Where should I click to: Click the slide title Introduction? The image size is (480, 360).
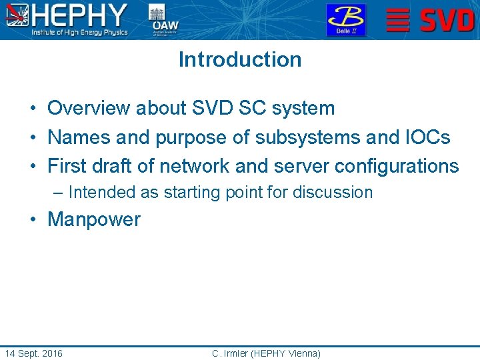point(240,59)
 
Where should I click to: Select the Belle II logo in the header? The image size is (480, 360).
point(345,19)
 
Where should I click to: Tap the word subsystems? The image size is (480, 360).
point(311,137)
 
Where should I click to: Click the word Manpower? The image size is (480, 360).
point(94,219)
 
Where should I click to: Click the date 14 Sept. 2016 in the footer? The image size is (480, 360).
point(33,353)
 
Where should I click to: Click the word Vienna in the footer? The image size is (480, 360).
point(303,353)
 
